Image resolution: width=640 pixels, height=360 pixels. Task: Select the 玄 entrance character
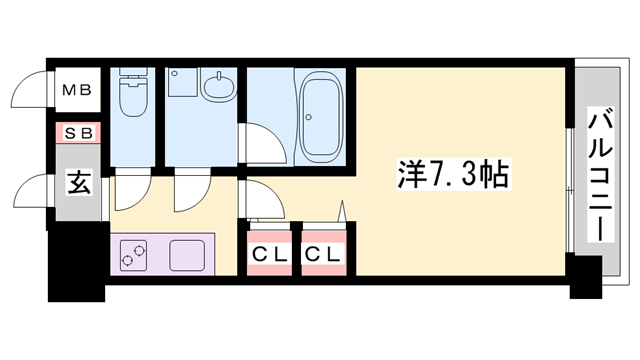[77, 182]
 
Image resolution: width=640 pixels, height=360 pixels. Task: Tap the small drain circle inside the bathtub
[309, 118]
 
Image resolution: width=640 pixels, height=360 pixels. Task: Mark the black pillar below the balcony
[586, 274]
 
